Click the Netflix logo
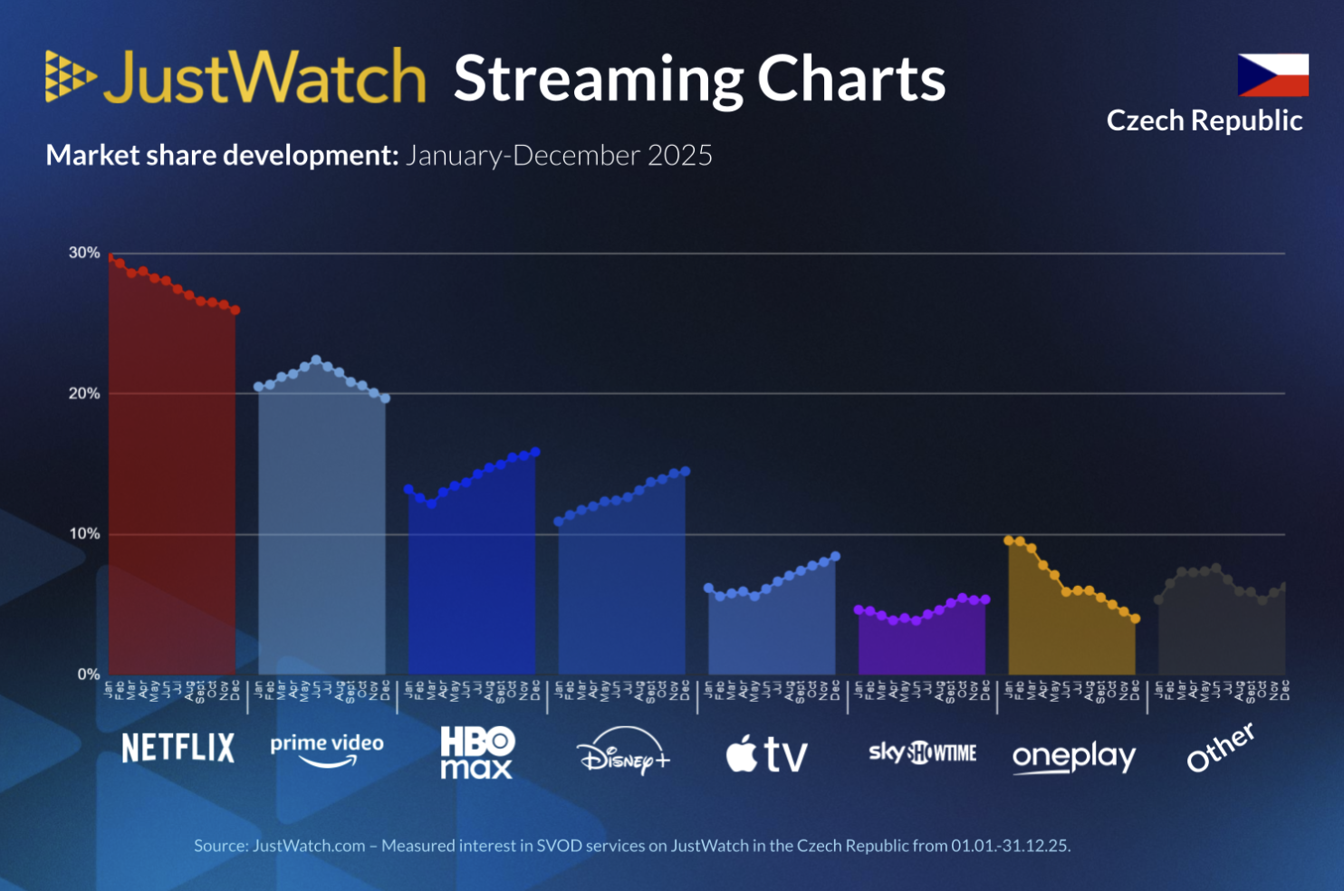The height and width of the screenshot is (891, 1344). click(x=178, y=748)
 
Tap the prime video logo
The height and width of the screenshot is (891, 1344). click(x=326, y=749)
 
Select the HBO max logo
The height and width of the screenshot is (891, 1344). click(x=476, y=752)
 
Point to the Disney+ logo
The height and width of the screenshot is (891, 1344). click(x=623, y=752)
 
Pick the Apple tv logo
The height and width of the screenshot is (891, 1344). click(x=766, y=753)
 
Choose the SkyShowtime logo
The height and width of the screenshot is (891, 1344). click(x=922, y=752)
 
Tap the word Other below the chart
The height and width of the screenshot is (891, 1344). click(x=1220, y=747)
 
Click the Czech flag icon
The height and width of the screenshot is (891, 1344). click(x=1272, y=74)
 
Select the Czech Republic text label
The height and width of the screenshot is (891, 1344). click(x=1204, y=120)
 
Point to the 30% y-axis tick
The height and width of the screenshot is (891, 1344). click(x=84, y=253)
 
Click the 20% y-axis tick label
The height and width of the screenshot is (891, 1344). click(x=84, y=393)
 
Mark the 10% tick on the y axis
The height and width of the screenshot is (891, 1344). click(x=84, y=533)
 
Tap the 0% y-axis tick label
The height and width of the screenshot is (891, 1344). click(x=88, y=674)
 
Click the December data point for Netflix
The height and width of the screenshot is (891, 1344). click(x=235, y=311)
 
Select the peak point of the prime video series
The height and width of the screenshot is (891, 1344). click(x=316, y=360)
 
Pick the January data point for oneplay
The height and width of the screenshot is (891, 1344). click(x=1009, y=541)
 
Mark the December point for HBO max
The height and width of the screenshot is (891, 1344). click(x=535, y=452)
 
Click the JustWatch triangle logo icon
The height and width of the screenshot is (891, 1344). click(x=70, y=76)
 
